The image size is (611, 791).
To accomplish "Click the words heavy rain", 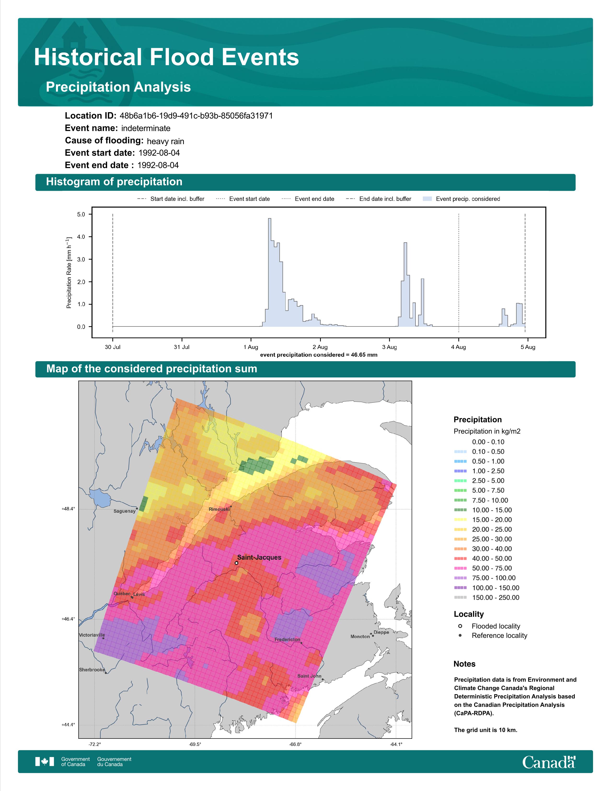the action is coord(165,141).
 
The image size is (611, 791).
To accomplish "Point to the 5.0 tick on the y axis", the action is coord(81,215).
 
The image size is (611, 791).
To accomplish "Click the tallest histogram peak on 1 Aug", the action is coord(270,219).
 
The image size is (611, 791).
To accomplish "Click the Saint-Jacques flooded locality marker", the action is coord(236,563).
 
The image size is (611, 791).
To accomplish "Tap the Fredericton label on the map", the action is coord(287,639).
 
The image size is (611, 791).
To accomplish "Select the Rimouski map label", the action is coord(219,509).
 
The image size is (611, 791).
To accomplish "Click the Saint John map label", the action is coord(309,676).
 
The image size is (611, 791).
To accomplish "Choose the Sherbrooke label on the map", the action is coord(92,670).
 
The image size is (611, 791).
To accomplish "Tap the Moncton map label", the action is coord(360,636).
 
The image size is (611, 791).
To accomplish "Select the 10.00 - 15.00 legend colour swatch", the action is coord(460,510).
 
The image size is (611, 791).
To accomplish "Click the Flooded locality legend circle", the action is coord(460,626).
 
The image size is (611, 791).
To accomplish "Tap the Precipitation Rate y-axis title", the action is coord(69,272).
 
